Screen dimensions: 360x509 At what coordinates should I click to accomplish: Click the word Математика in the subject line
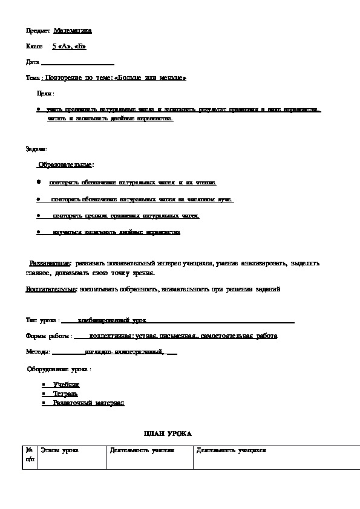pos(73,30)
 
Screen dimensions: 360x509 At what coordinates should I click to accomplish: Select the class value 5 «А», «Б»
pos(69,46)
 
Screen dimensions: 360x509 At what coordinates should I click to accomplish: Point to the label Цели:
pos(45,94)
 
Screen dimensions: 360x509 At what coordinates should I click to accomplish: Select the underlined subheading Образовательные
pos(65,164)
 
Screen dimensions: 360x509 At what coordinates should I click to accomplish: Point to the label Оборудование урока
pos(59,368)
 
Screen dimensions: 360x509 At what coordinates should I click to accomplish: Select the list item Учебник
pos(66,384)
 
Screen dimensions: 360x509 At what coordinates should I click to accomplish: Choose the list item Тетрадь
pos(65,394)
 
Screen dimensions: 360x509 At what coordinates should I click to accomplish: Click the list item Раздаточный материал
pos(88,403)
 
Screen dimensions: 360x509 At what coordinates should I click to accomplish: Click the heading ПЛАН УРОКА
pos(167,434)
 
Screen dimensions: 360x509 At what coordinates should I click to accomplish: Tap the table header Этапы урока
pos(59,451)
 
